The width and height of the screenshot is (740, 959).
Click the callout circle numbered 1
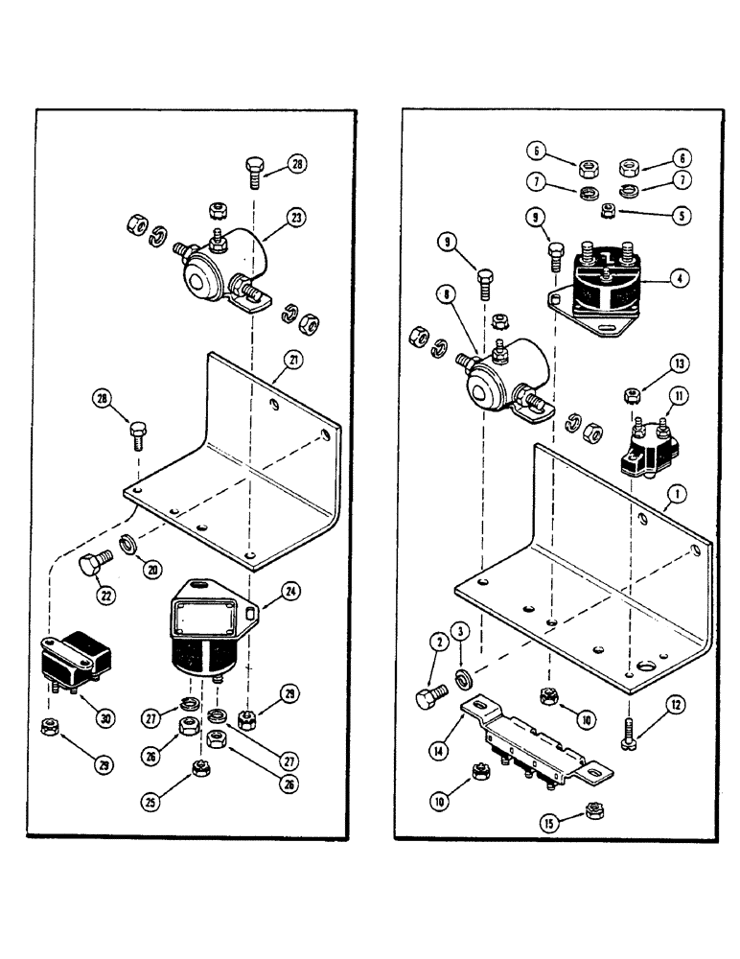coord(677,495)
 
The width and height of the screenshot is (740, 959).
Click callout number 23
coord(297,219)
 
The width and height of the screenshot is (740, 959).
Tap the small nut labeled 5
coord(607,210)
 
